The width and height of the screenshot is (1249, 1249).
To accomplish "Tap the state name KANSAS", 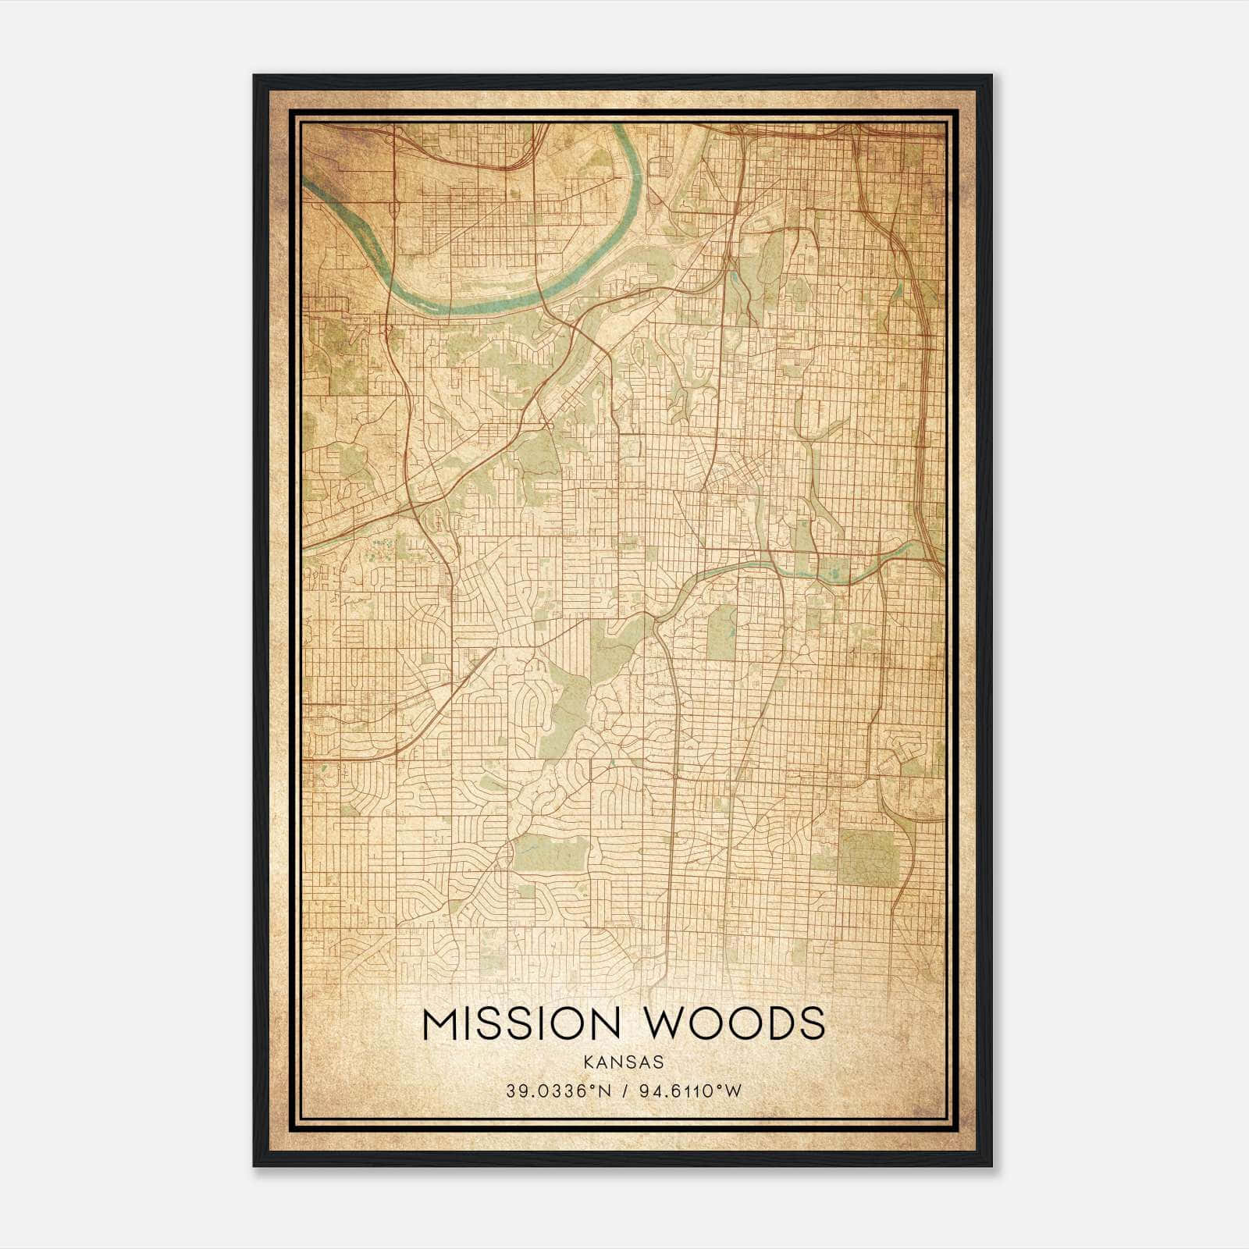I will coord(623,1062).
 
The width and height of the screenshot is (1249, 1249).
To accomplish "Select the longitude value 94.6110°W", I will coord(689,1091).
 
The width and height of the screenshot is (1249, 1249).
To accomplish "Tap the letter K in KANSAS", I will coord(587,1062).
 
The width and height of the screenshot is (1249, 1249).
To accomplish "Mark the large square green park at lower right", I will coord(868,857).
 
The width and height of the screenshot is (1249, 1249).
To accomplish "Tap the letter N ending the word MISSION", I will coord(605,1023).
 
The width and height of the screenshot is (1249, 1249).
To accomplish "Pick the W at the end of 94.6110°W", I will coord(733,1091).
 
